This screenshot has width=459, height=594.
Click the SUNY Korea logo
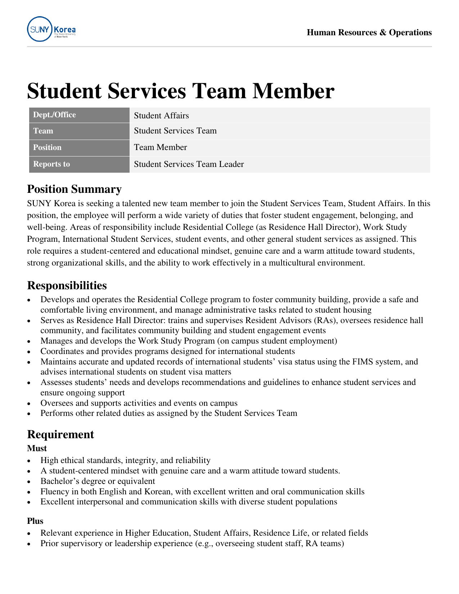tap(51, 29)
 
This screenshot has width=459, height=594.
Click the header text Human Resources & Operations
tap(369, 33)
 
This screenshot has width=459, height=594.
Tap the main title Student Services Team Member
tap(180, 91)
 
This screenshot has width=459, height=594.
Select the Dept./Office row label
tap(54, 115)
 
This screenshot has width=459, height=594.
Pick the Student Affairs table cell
tap(161, 115)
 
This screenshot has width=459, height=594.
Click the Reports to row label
tap(51, 164)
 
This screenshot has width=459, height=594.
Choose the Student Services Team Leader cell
tap(189, 164)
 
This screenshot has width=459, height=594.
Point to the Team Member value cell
tap(160, 148)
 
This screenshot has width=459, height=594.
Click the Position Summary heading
tap(74, 189)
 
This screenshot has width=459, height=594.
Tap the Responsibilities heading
tap(67, 286)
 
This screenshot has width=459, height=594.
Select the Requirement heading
tap(60, 435)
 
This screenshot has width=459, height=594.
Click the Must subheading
tap(37, 448)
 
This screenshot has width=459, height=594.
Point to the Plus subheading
tap(35, 521)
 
